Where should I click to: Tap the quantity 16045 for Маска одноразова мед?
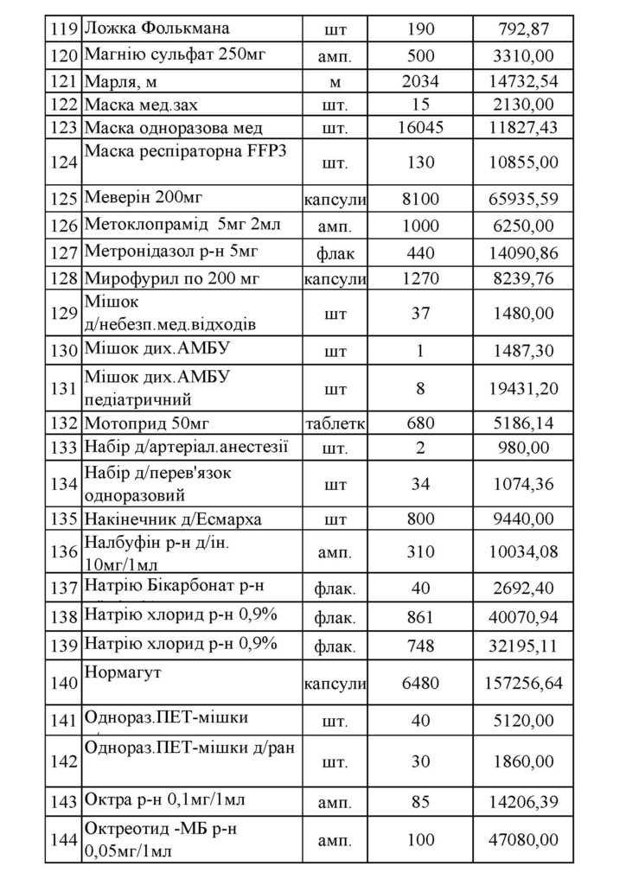[x=420, y=129]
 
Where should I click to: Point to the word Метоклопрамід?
[x=144, y=226]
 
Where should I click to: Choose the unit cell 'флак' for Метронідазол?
[x=335, y=254]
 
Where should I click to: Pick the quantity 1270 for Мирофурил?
[x=420, y=281]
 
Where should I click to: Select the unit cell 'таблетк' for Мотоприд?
[x=335, y=423]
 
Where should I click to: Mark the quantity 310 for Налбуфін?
[x=420, y=552]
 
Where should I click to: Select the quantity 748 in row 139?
[x=420, y=646]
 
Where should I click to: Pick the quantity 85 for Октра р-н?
[x=420, y=803]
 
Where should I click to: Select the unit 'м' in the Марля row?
[x=335, y=82]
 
